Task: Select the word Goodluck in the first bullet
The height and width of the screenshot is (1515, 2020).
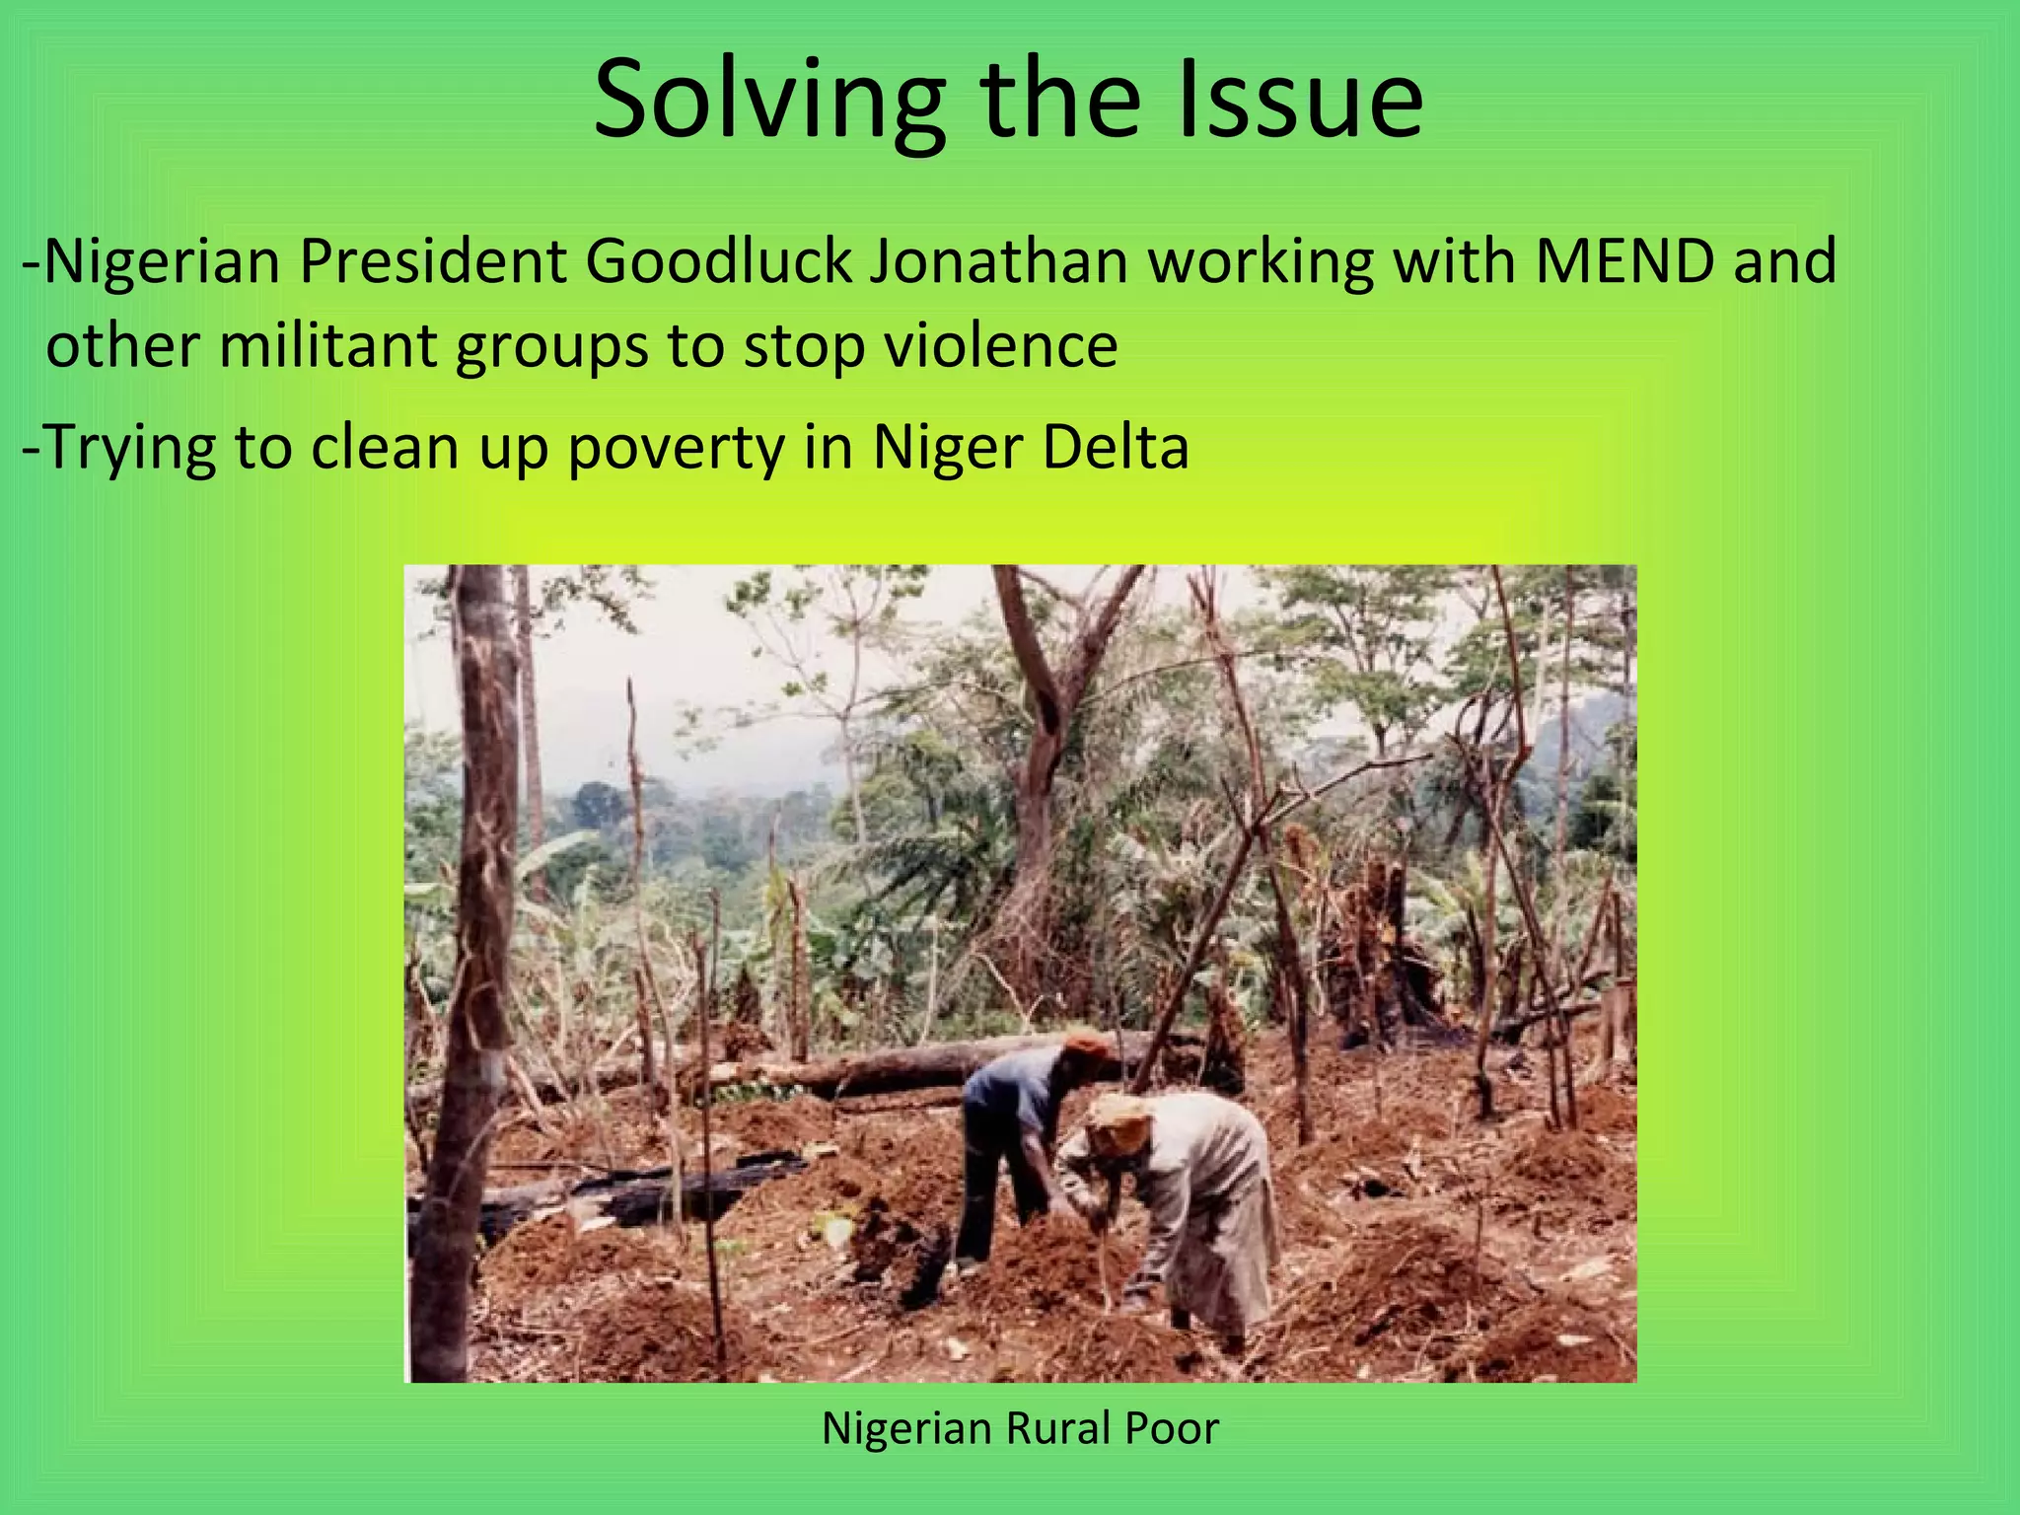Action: tap(718, 261)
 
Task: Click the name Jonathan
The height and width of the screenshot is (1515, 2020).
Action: tap(998, 261)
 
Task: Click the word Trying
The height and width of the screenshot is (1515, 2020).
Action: tap(129, 448)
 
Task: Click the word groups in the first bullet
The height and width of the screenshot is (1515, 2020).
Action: tap(551, 348)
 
